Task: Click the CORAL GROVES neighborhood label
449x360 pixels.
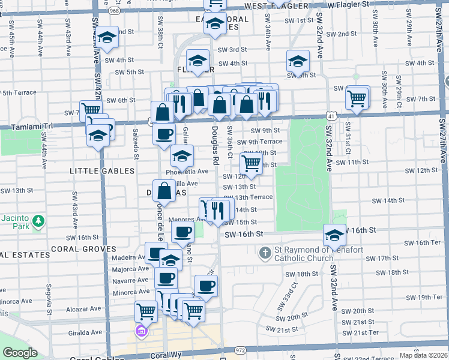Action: coord(83,248)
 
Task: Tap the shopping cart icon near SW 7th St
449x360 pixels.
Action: coord(357,97)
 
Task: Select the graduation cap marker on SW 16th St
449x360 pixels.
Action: coord(334,233)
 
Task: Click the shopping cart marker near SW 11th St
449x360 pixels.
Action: coord(252,163)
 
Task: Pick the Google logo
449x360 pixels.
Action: coord(20,353)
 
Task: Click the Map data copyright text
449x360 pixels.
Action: coord(424,355)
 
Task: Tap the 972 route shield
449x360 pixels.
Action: coord(240,350)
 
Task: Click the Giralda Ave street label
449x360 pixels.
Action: coord(86,332)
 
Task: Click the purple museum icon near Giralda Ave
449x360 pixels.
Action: coord(142,331)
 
